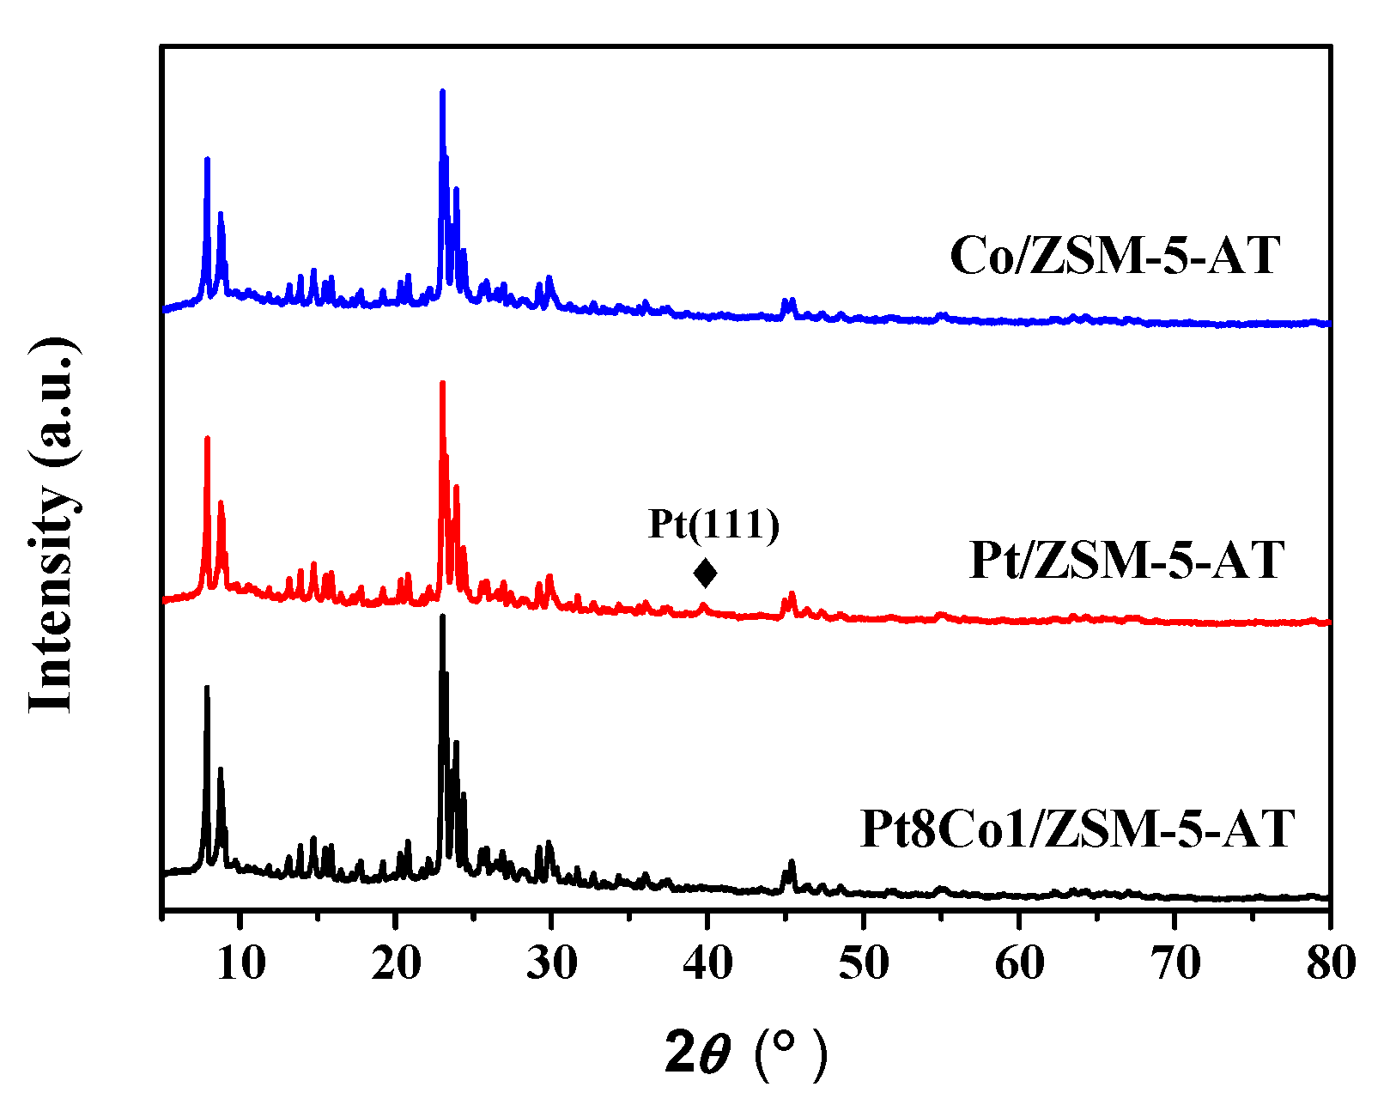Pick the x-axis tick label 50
(x=863, y=963)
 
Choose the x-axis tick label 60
(x=1019, y=963)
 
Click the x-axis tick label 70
(x=1175, y=963)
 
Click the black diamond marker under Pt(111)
(x=705, y=573)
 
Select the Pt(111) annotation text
(x=713, y=524)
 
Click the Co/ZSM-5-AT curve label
(x=1114, y=255)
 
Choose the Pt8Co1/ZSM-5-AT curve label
(x=1077, y=829)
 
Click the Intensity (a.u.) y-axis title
(x=53, y=524)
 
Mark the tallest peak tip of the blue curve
(x=442, y=91)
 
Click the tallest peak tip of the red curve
(x=442, y=383)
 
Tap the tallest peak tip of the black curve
(x=442, y=616)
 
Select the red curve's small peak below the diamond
(x=704, y=605)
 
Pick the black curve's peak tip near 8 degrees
(x=207, y=688)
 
